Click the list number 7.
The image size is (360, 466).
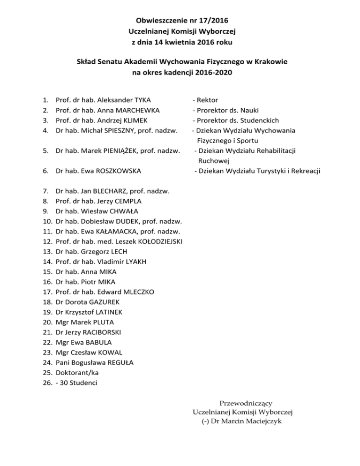point(45,191)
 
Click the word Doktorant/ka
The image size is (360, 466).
point(77,373)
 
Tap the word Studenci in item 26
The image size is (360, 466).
point(86,383)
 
